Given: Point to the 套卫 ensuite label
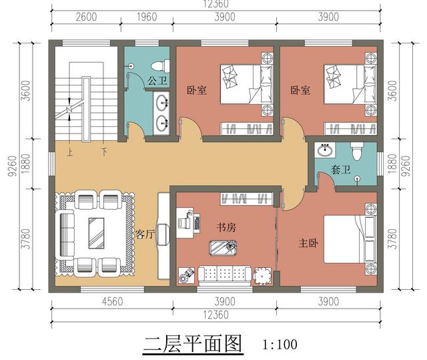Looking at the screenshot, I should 340,170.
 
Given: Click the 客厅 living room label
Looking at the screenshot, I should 145,234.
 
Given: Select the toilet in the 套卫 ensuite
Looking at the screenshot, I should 357,153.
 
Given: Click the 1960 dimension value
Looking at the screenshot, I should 147,17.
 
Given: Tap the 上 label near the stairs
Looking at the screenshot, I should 69,152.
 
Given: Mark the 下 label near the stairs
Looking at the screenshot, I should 103,152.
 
